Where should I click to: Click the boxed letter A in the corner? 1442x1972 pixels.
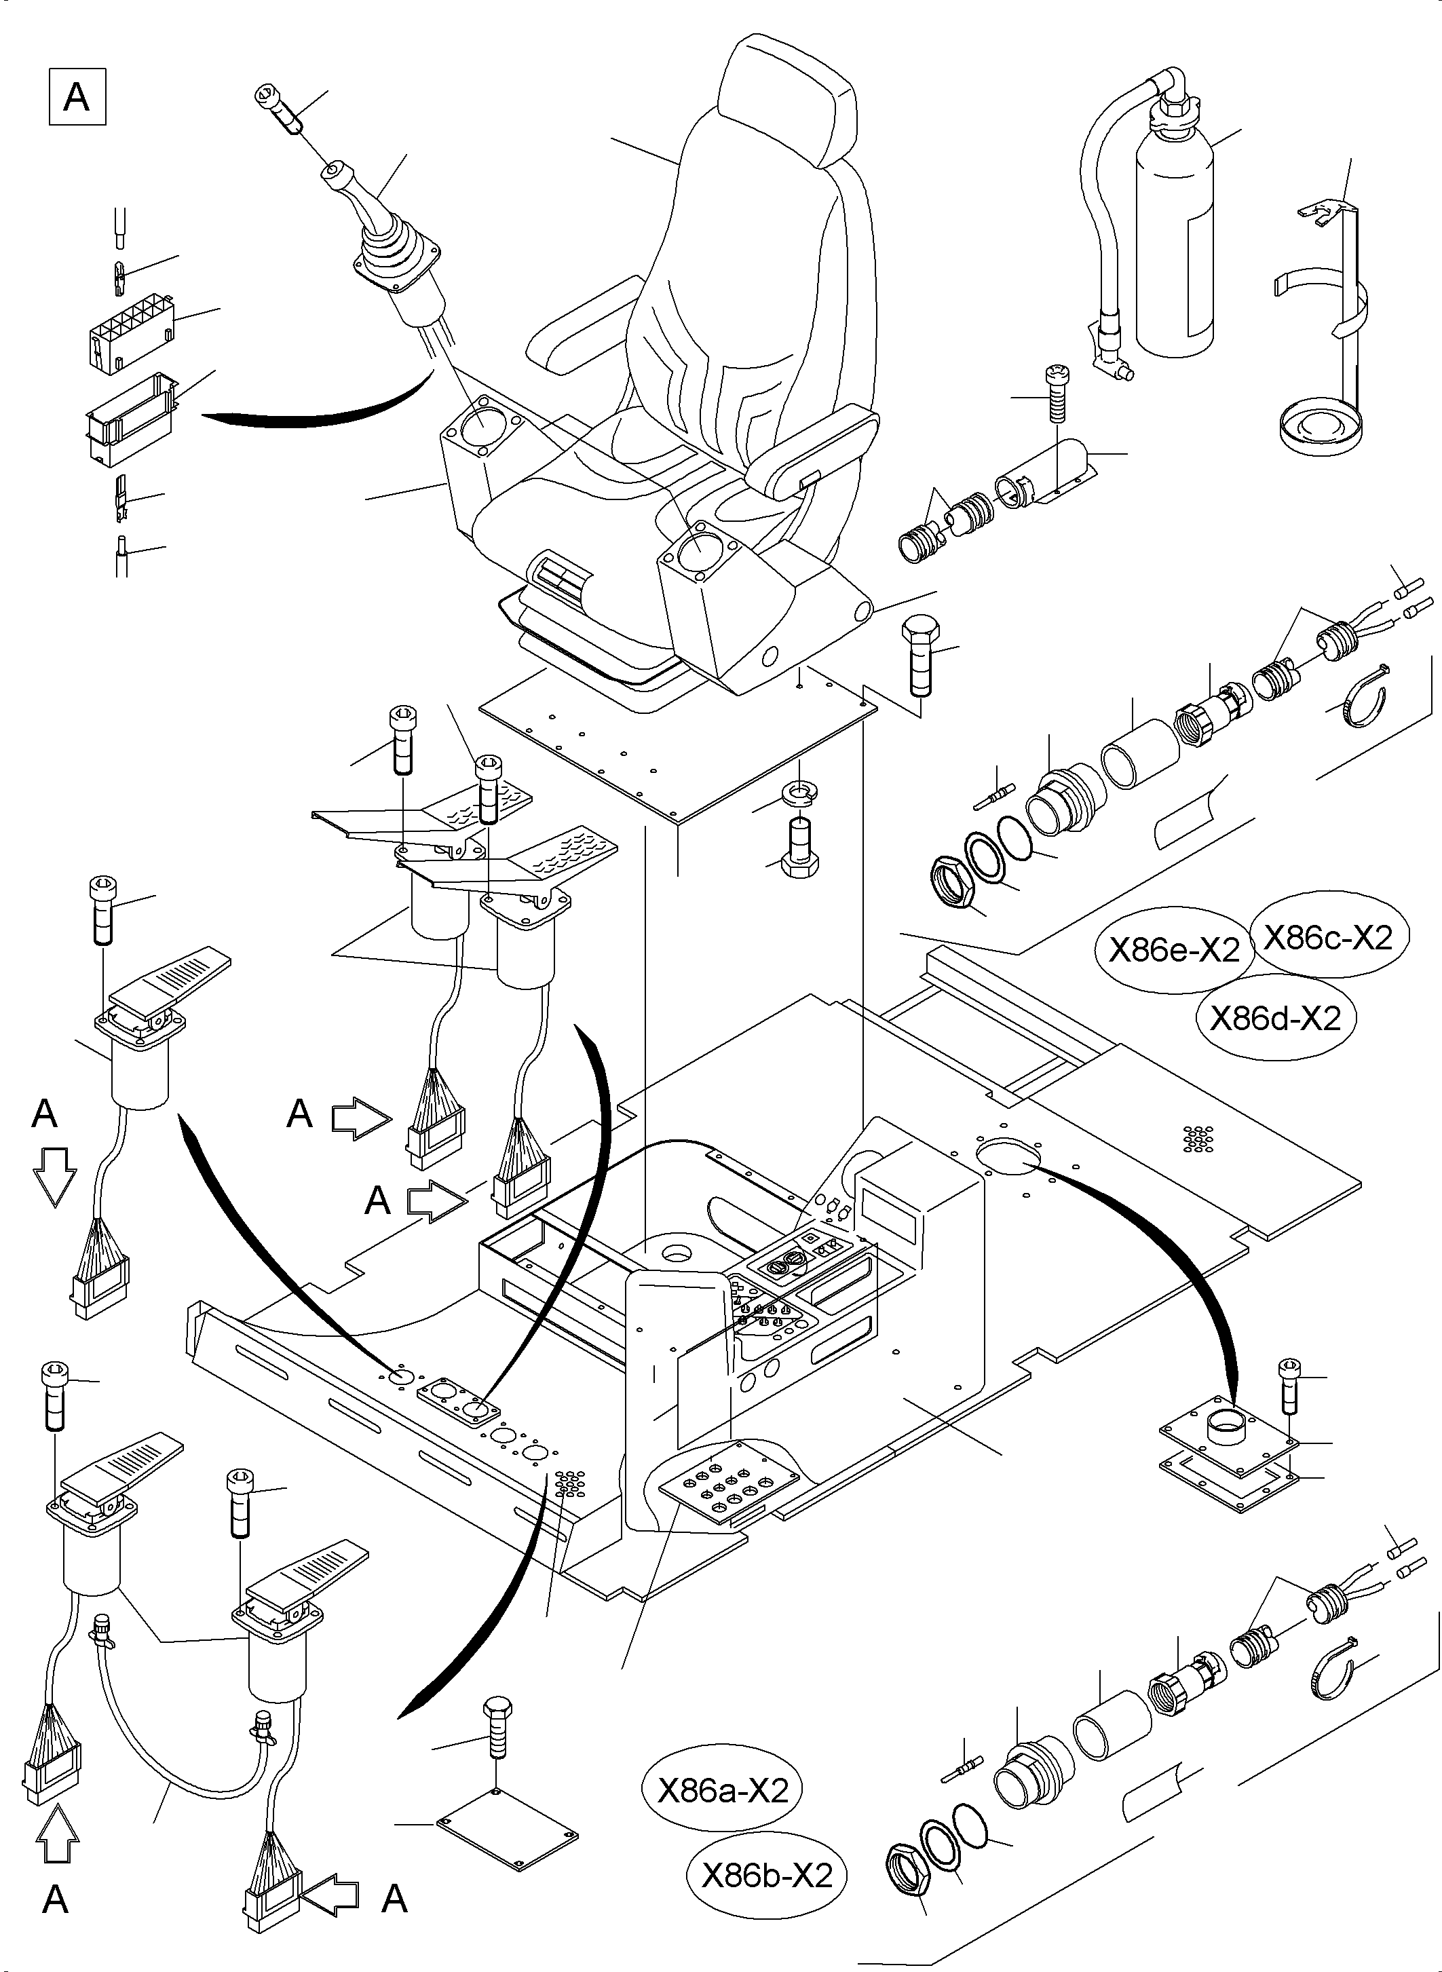tap(77, 96)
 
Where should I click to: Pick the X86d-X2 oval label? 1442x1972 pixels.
tap(1275, 1018)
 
